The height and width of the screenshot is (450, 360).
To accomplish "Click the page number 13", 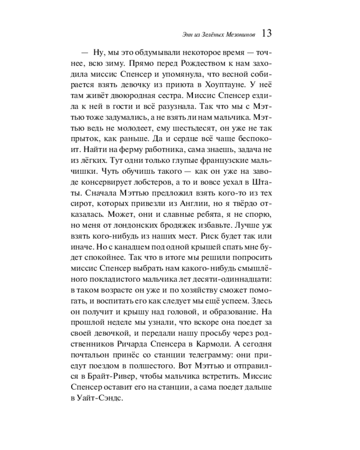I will click(x=266, y=33).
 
